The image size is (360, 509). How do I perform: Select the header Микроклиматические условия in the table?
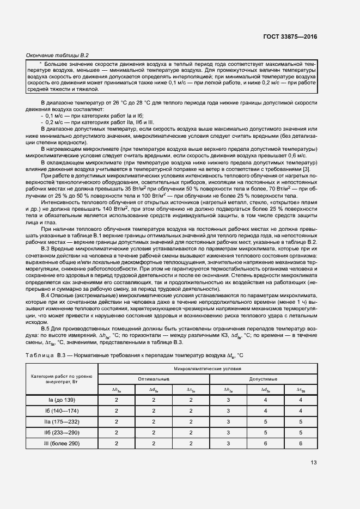(x=208, y=369)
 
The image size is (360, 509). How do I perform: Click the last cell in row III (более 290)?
(x=300, y=444)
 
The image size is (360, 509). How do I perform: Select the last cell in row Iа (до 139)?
(x=300, y=400)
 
